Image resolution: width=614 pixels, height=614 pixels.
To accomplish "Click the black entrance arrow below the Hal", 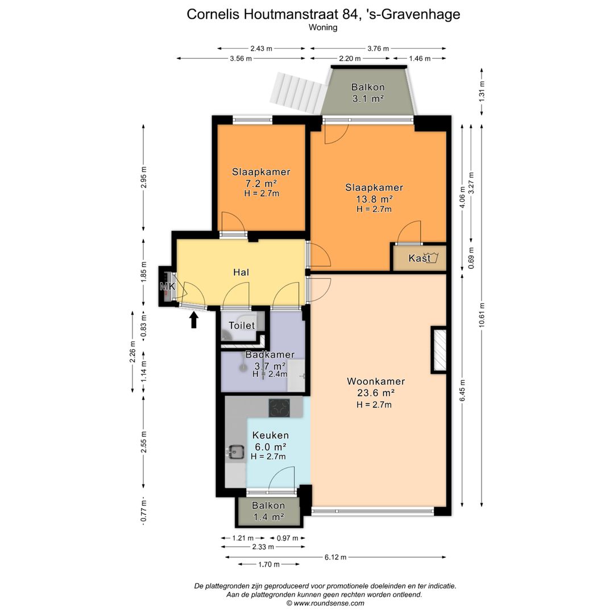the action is coord(193,320).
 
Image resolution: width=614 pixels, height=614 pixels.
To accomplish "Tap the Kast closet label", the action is coord(420,258).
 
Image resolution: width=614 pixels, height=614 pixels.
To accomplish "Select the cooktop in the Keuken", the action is coord(279,408).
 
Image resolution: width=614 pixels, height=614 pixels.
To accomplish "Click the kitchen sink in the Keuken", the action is coord(235,451).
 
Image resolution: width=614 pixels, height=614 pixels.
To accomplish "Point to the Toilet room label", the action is coord(242,325).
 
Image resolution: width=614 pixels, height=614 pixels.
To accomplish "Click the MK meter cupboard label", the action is coord(168,287).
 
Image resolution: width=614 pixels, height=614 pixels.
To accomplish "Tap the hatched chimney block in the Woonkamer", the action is coord(439,350).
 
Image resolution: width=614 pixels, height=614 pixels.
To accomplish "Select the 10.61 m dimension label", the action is coord(482,315).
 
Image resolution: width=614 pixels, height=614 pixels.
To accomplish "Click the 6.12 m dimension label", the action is coord(335,557).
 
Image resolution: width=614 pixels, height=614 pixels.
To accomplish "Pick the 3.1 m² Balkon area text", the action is coord(368,98).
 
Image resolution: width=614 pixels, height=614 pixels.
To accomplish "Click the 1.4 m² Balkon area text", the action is coord(268,517).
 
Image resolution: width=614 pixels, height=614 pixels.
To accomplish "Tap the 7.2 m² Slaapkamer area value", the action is coord(261,183).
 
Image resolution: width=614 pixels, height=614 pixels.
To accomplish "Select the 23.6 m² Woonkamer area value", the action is coord(376,393).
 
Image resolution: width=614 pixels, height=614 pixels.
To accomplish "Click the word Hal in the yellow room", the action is coord(241,272).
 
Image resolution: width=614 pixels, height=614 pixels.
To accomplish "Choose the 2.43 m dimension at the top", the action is coord(261,48).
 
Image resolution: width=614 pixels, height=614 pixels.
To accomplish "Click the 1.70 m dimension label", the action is coord(268,565).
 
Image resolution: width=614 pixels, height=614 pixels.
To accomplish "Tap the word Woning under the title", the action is coord(323,27).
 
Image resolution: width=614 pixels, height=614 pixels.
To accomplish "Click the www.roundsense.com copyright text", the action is coord(325,603).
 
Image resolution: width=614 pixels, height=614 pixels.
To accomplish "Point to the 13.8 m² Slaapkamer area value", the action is coord(374,199).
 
